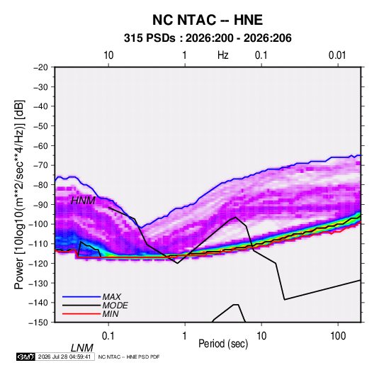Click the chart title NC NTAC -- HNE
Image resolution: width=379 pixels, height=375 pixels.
(208, 20)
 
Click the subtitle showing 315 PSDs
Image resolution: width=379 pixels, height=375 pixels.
(208, 38)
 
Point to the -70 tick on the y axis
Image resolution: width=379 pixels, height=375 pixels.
(40, 165)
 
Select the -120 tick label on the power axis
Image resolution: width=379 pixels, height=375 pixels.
(39, 263)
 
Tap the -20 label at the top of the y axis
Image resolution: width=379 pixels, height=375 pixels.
(40, 67)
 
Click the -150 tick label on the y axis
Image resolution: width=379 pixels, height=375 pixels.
(39, 323)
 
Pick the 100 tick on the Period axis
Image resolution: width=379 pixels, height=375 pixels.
(338, 335)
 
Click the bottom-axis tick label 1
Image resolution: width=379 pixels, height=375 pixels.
(185, 335)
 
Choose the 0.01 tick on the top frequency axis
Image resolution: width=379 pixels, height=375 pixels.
(337, 55)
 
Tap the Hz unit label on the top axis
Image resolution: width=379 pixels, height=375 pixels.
(223, 55)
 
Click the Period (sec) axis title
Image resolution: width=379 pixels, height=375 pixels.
(223, 344)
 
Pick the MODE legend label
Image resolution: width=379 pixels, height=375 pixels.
(115, 306)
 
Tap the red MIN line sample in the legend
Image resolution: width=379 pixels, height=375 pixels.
(81, 314)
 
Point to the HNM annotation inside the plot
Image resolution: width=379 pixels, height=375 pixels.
(83, 201)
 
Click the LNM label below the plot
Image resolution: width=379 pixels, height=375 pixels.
(81, 348)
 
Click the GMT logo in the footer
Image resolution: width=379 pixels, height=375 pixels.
(26, 357)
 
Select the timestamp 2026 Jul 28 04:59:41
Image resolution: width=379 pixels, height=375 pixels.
(64, 357)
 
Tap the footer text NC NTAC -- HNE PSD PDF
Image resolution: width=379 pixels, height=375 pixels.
(129, 357)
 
